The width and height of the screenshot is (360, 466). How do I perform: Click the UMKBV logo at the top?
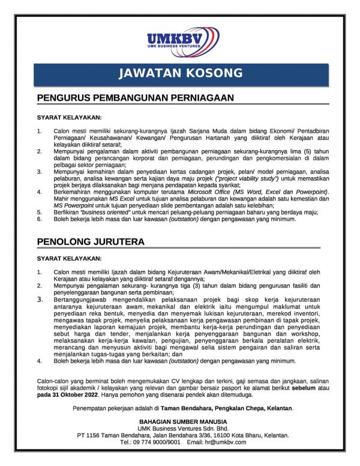pos(182,41)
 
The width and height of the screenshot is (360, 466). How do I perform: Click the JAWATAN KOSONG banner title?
pos(180,74)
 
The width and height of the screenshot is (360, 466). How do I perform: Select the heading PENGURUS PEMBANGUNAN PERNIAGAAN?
pos(135,97)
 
